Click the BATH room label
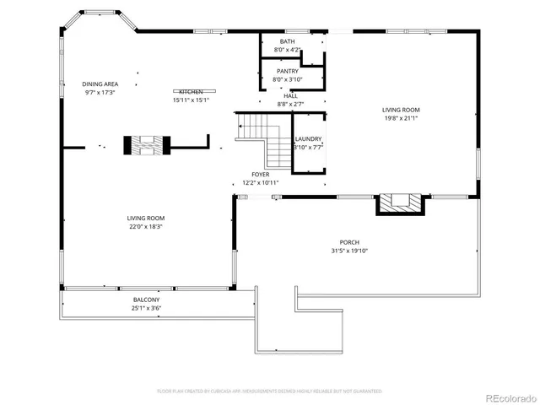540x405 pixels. coord(288,40)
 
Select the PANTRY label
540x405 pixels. coord(288,71)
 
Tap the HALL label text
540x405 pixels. coord(290,96)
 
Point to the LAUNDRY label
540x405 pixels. coord(308,139)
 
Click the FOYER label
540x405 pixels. coord(260,175)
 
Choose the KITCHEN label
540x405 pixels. coord(191,91)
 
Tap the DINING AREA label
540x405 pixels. coord(100,84)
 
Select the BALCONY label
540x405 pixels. coord(146,300)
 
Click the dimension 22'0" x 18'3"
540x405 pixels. coord(145,226)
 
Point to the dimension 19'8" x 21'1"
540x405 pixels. coord(401,118)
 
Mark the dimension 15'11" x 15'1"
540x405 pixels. coord(191,100)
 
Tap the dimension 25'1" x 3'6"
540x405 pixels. coord(146,308)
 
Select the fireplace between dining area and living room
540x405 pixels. coord(148,145)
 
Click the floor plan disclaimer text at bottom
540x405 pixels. coord(270,391)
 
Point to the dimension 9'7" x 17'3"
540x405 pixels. coord(100,92)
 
